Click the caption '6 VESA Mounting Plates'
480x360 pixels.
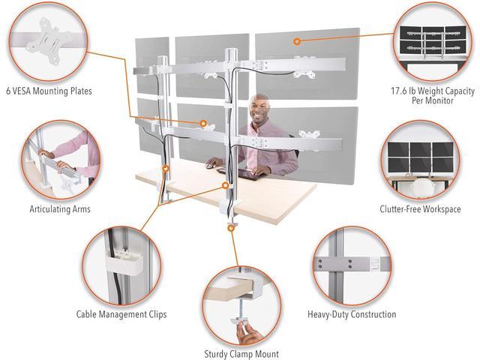[x=49, y=91]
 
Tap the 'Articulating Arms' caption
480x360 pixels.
[x=60, y=209]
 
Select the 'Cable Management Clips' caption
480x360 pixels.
[x=121, y=314]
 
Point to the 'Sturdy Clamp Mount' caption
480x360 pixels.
[x=241, y=354]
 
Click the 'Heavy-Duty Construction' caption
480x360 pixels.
[x=352, y=314]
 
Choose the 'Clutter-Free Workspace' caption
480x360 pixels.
[x=420, y=209]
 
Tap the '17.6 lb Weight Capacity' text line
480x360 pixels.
[x=433, y=91]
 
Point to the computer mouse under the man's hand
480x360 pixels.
[x=209, y=166]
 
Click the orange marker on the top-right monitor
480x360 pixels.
[x=297, y=41]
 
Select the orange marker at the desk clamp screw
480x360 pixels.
[x=232, y=228]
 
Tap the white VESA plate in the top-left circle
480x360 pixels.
[x=49, y=40]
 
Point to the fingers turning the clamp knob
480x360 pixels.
[x=248, y=334]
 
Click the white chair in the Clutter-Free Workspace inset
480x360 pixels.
[x=421, y=187]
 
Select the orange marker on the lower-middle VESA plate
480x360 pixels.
[x=203, y=123]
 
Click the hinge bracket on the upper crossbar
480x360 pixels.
[x=259, y=65]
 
